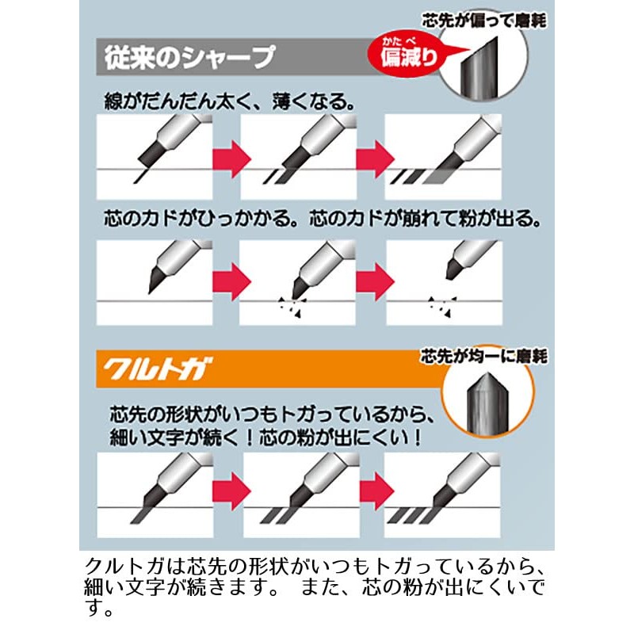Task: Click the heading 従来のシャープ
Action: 190,57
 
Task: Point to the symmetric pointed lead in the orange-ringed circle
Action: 485,402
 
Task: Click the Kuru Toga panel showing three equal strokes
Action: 442,495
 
